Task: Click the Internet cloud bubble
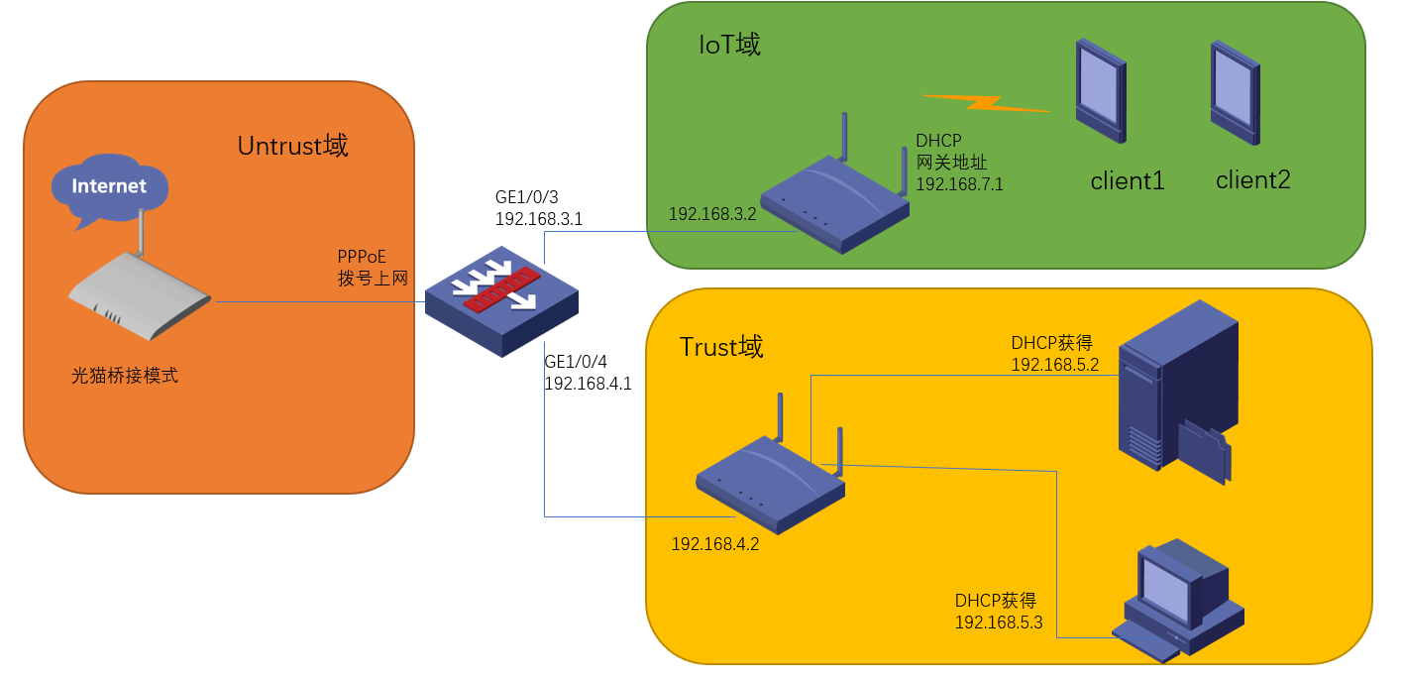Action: click(x=109, y=186)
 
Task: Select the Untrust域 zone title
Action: click(x=292, y=146)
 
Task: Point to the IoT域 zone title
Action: click(x=730, y=45)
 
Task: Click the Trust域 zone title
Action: click(x=721, y=347)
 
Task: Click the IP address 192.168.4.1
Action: click(x=588, y=384)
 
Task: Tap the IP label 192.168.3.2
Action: click(x=712, y=214)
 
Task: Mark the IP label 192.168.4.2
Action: click(x=715, y=543)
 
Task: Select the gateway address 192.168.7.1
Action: click(x=959, y=184)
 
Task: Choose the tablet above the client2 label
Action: click(x=1235, y=94)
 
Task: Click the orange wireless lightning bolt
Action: click(x=985, y=102)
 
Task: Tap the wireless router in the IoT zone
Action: click(x=835, y=203)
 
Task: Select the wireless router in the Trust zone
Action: click(x=771, y=481)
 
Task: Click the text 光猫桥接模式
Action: click(x=125, y=377)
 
